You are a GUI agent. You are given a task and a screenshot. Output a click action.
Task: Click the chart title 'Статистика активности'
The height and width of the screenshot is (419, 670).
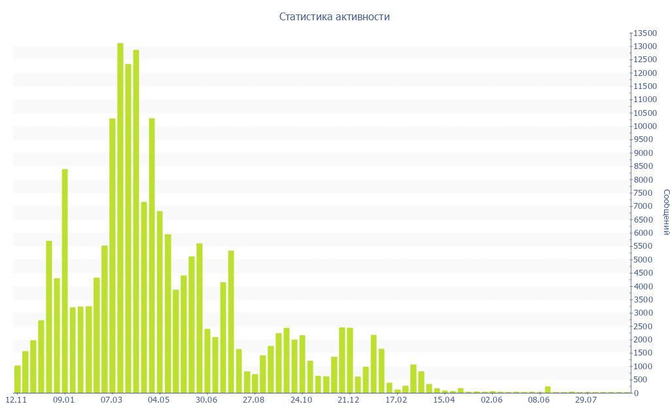334,16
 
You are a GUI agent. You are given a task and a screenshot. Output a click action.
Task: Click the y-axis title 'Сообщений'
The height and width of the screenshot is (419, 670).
665,212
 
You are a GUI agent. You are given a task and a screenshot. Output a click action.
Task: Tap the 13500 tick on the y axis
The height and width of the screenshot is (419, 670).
644,33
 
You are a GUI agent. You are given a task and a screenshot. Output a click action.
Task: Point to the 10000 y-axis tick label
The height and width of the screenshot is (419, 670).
644,126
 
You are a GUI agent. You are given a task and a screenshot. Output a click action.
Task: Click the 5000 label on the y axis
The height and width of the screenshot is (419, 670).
644,260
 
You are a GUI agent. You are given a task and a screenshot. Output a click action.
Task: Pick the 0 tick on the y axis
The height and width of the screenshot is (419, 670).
635,393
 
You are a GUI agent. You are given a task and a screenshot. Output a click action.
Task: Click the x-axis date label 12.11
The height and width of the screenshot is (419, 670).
16,400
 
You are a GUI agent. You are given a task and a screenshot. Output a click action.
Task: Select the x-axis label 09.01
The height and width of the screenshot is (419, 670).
63,400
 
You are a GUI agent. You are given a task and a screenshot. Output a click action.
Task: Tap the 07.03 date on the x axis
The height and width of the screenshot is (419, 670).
111,400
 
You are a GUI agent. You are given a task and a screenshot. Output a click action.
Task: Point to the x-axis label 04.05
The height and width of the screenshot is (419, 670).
158,400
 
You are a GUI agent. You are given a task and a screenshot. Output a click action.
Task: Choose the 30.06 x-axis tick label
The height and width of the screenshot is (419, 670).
206,400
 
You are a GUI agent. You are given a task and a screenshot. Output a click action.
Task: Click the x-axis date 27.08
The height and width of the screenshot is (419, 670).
254,400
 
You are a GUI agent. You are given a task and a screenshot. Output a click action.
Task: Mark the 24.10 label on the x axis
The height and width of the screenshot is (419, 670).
301,400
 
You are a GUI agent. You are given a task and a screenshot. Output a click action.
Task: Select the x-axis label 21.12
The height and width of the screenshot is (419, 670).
349,400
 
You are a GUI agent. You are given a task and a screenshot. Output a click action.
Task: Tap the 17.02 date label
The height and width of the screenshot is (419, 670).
397,400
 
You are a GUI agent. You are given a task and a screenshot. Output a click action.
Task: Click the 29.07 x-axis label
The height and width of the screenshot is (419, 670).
586,400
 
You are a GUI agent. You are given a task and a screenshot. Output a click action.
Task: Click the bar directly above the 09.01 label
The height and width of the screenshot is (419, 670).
65,281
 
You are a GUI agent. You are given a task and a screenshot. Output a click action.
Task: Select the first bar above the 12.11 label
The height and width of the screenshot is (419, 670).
18,379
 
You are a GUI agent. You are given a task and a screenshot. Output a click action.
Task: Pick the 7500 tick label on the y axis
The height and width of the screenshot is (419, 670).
644,193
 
